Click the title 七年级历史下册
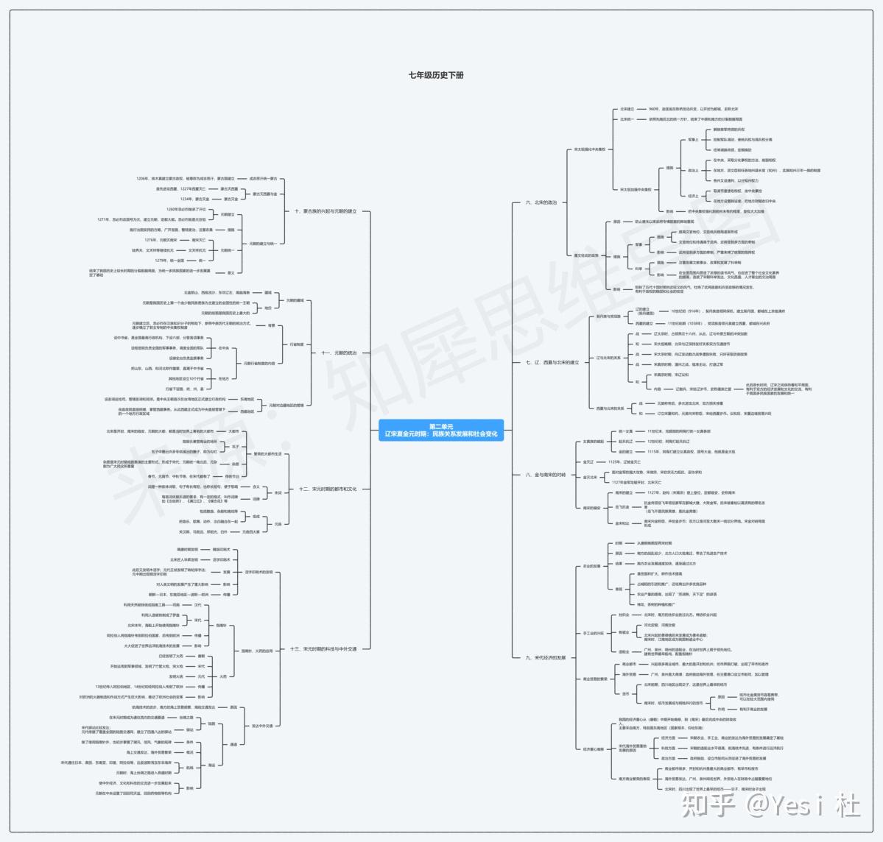437,75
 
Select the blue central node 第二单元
441,431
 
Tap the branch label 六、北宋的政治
541,202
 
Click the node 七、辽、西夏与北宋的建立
552,362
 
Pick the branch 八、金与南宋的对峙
546,475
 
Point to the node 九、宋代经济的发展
545,657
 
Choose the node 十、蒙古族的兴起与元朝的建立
325,211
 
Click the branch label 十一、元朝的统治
339,353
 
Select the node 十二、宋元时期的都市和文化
328,489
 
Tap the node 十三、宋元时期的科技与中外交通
324,649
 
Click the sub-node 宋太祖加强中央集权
589,149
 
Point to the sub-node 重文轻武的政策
586,255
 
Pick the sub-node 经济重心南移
593,749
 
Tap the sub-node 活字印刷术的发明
258,572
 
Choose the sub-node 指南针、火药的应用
257,651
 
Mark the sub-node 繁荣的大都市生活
267,454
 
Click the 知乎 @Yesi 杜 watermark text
771,806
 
